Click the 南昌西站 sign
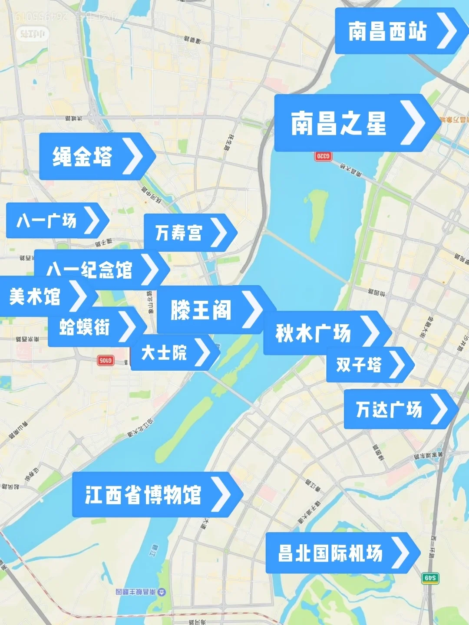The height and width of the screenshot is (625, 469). point(388,31)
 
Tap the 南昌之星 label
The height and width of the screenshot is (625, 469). point(339,123)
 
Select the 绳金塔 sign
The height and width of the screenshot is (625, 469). point(83,157)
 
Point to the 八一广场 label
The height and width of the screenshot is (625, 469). point(46,220)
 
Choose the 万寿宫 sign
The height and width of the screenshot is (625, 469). point(178,233)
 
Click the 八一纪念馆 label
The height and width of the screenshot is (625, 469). point(89,270)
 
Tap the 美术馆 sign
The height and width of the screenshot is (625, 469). point(35,297)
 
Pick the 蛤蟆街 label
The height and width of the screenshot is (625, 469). point(84,327)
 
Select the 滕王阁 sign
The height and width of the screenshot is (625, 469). point(201,310)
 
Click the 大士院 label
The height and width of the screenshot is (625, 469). point(164,352)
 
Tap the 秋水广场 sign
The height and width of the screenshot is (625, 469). point(313,333)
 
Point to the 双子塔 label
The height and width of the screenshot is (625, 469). point(359,365)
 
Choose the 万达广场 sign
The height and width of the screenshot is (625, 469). point(389,409)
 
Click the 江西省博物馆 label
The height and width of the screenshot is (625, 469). point(143,494)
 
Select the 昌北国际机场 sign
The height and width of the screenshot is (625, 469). point(330,553)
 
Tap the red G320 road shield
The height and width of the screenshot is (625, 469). point(323,156)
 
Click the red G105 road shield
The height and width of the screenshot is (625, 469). point(106,360)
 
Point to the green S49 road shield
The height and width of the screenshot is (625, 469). point(430,578)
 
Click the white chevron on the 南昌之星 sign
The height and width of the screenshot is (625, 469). point(412,123)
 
